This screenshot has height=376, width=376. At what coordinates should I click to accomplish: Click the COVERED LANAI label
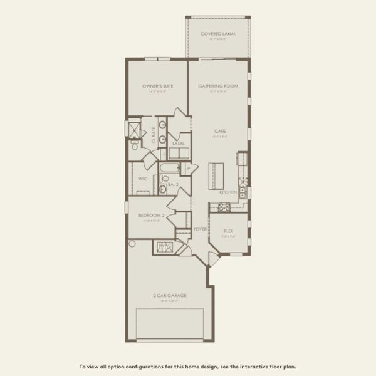pyautogui.click(x=217, y=34)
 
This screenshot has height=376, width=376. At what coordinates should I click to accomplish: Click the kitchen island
pyautogui.click(x=216, y=175)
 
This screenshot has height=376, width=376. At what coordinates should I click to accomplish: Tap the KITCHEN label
pyautogui.click(x=227, y=192)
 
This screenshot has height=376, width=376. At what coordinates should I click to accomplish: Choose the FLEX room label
pyautogui.click(x=229, y=231)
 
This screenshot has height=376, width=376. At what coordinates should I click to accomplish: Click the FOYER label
pyautogui.click(x=200, y=229)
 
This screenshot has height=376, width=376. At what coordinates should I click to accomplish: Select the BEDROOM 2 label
pyautogui.click(x=151, y=215)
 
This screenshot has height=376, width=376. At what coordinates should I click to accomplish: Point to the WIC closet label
pyautogui.click(x=142, y=179)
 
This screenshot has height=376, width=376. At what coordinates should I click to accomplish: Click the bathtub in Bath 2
pyautogui.click(x=169, y=169)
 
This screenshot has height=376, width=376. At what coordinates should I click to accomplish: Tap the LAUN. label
pyautogui.click(x=177, y=144)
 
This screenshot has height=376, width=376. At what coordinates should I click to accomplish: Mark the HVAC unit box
pyautogui.click(x=164, y=246)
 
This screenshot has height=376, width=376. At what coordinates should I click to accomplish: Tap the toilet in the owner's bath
pyautogui.click(x=134, y=145)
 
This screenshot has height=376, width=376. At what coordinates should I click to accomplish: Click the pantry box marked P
pyautogui.click(x=189, y=168)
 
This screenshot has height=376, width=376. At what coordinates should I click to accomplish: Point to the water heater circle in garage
pyautogui.click(x=132, y=243)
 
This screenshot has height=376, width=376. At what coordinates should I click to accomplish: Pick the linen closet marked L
pyautogui.click(x=164, y=153)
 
